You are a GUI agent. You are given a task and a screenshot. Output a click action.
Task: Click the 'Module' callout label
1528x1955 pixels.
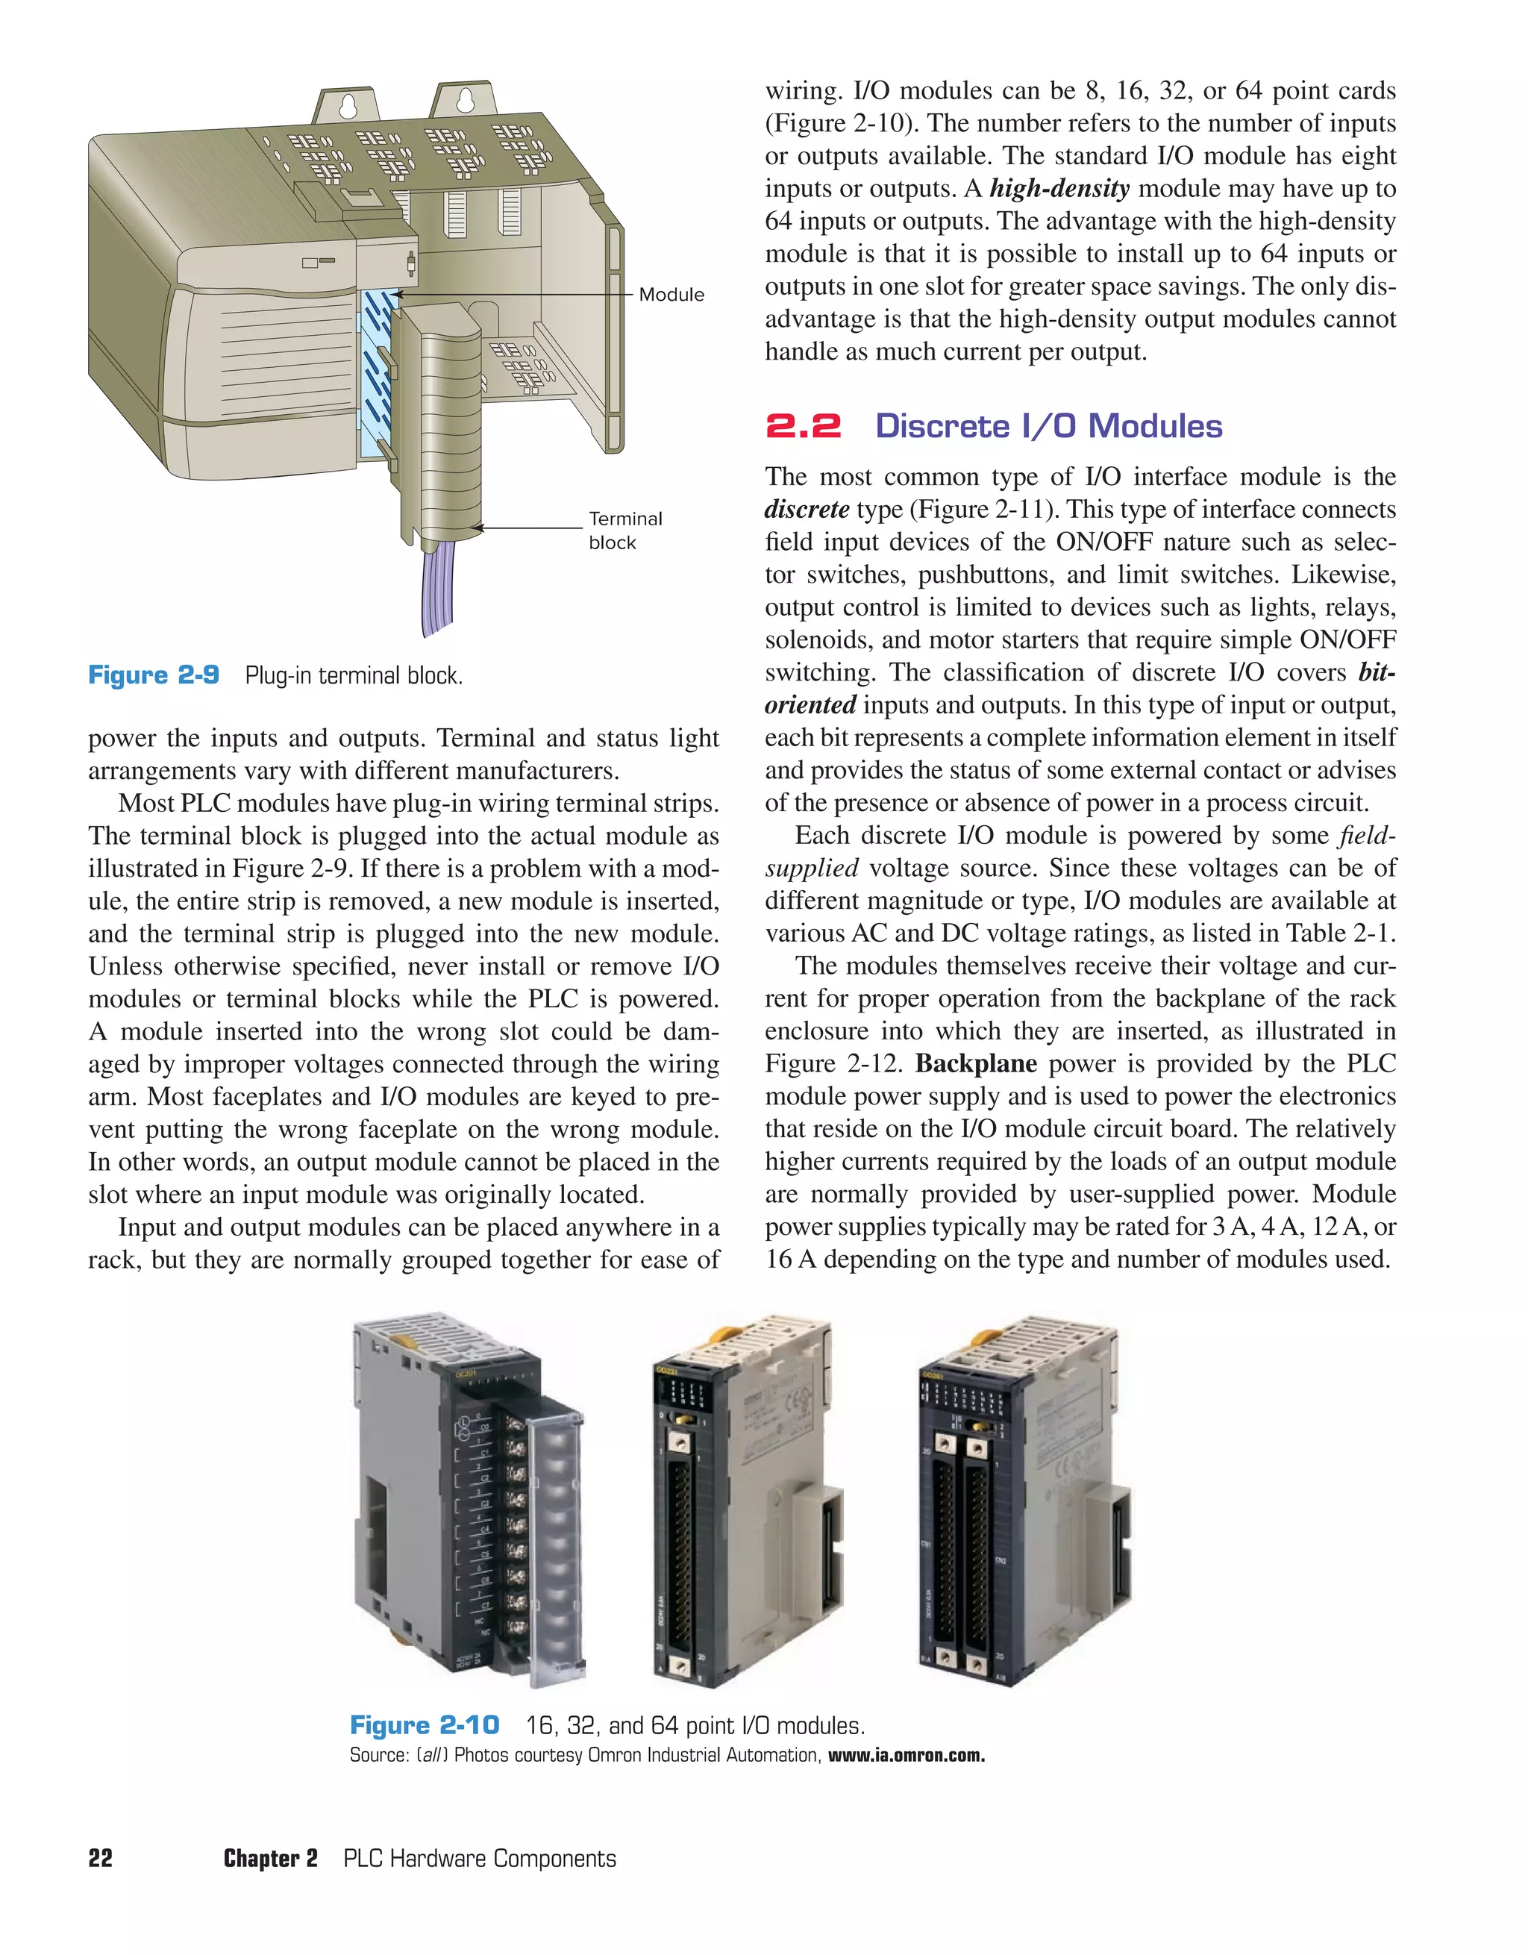[671, 295]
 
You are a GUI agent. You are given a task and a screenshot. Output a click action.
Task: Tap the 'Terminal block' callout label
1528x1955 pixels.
[624, 530]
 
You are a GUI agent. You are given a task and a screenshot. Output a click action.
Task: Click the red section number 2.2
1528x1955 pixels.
[803, 425]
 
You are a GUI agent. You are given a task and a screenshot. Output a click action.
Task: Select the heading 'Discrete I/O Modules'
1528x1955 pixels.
[1048, 425]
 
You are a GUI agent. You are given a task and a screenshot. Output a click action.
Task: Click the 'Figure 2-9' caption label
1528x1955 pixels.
[154, 675]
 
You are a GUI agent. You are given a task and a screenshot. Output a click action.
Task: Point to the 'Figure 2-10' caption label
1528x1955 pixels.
[425, 1725]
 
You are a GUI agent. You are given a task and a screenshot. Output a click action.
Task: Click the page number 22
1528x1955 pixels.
[100, 1858]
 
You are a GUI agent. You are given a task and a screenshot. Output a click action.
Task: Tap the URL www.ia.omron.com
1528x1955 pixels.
[906, 1755]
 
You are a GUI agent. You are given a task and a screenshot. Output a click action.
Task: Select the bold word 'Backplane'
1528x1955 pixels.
[976, 1063]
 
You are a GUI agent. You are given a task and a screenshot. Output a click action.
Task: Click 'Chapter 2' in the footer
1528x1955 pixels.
[270, 1858]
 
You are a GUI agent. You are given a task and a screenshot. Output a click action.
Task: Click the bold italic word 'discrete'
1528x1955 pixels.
[807, 510]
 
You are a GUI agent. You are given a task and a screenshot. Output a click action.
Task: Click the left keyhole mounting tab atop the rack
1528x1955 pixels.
[348, 106]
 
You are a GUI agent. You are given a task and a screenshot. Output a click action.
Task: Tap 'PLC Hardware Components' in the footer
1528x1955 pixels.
[480, 1858]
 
